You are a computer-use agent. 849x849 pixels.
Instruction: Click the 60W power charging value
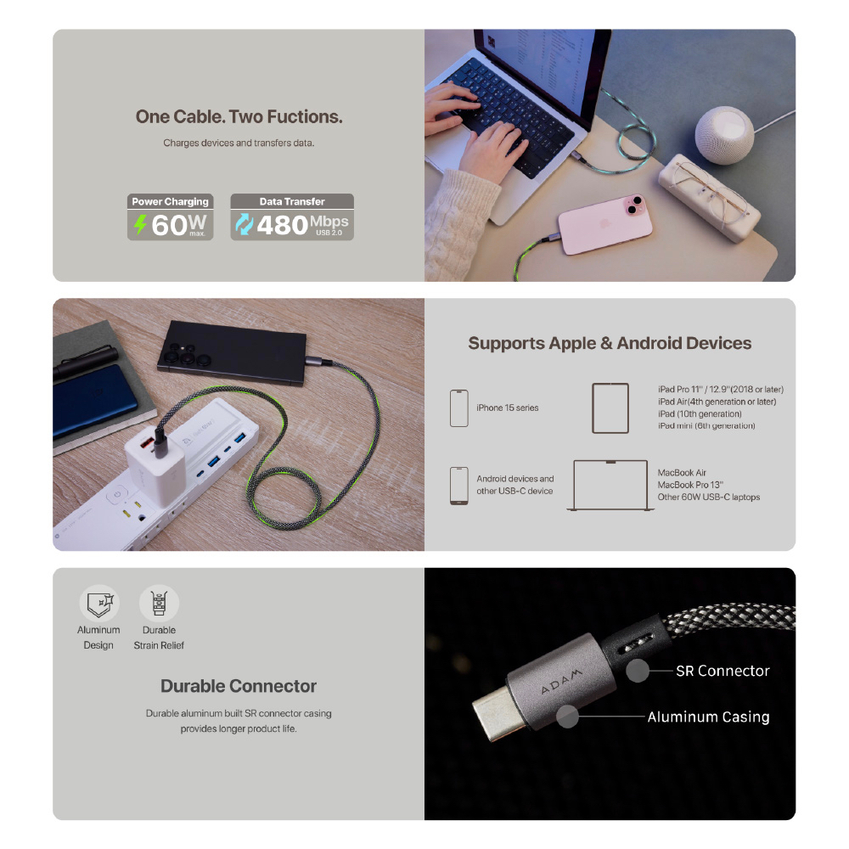178,225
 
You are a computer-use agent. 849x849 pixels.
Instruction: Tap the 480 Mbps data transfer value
303,225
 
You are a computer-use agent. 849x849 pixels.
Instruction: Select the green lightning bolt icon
140,224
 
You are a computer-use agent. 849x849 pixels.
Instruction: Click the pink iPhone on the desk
604,223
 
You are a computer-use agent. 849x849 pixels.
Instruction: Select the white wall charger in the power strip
155,458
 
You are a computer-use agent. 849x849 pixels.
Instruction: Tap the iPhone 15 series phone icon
459,408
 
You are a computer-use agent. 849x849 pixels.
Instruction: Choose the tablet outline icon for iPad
610,408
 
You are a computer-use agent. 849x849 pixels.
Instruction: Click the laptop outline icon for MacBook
610,485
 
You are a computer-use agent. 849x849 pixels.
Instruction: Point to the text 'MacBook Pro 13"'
689,485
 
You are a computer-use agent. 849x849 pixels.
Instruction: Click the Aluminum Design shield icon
99,603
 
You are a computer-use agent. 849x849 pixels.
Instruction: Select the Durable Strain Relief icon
159,603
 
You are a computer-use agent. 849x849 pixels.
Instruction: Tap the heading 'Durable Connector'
239,686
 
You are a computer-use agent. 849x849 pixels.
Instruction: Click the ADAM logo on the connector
561,681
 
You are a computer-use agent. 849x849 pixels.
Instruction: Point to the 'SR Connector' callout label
722,671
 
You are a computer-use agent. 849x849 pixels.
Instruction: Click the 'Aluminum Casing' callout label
708,717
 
